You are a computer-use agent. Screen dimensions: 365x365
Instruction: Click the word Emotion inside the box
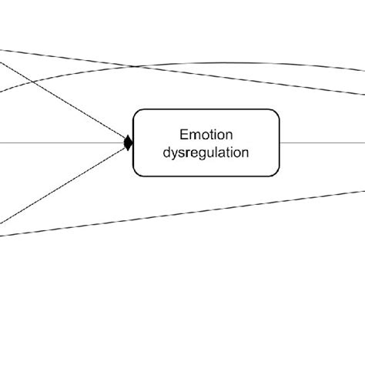206,133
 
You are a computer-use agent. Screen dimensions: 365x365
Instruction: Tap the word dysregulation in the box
206,152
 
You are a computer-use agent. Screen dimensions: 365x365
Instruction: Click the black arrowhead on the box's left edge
129,142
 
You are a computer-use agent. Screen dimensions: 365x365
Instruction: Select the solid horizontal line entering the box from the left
62,142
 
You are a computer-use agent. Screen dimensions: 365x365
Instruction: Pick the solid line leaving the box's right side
323,142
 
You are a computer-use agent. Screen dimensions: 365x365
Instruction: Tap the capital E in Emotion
183,133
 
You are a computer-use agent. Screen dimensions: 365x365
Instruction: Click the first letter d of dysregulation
166,152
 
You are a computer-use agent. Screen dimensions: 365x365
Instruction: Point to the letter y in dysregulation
173,153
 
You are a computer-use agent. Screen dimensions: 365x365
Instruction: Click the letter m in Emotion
193,133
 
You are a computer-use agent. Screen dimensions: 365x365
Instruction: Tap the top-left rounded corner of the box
137,112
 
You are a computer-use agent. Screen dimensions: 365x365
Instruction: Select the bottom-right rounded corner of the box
276,172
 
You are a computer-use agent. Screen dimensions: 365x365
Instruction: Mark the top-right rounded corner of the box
276,112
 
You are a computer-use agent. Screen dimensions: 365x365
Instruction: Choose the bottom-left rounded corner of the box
137,172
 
